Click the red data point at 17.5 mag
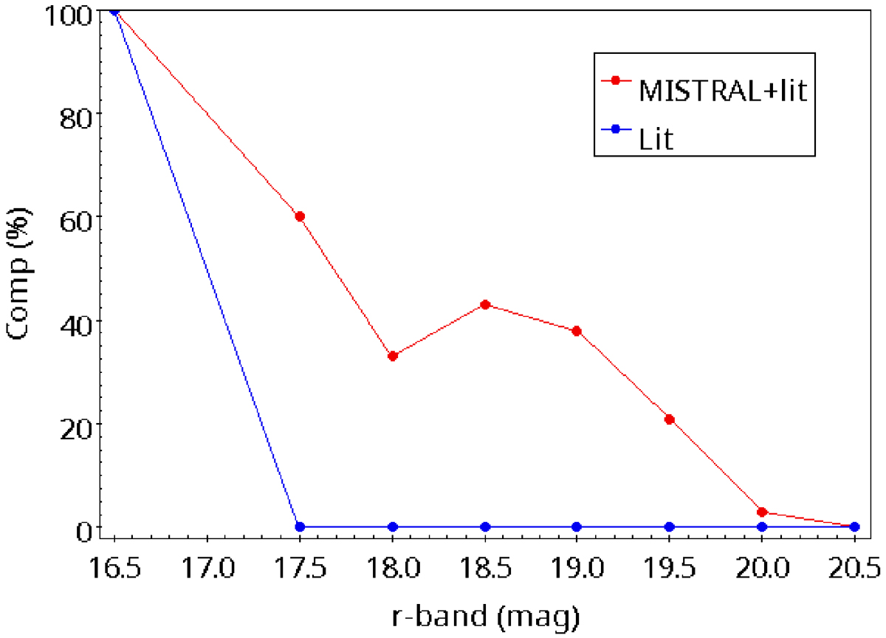point(300,216)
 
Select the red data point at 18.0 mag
point(393,356)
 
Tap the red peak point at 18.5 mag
point(485,304)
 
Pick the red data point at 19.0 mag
point(577,331)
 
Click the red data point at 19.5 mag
point(670,419)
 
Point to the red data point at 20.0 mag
point(762,512)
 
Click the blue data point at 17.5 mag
point(300,526)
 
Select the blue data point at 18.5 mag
point(485,526)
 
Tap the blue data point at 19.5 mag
point(670,526)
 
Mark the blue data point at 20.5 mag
point(854,526)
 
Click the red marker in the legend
point(615,80)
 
